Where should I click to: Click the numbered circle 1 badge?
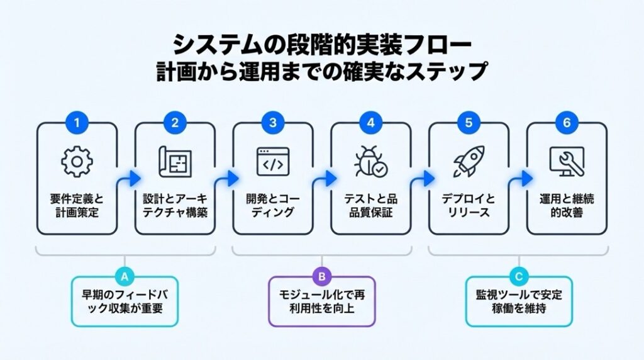pyautogui.click(x=77, y=123)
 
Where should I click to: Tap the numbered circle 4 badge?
pyautogui.click(x=370, y=123)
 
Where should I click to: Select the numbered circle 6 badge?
pyautogui.click(x=567, y=123)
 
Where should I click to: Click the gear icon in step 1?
pyautogui.click(x=77, y=162)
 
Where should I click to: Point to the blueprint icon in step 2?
pyautogui.click(x=175, y=162)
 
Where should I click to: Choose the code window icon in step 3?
pyautogui.click(x=273, y=162)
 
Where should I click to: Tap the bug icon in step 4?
pyautogui.click(x=371, y=162)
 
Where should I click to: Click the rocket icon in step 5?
pyautogui.click(x=469, y=161)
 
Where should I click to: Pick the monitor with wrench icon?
pyautogui.click(x=567, y=162)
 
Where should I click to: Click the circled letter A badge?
pyautogui.click(x=125, y=275)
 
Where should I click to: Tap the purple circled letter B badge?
pyautogui.click(x=321, y=275)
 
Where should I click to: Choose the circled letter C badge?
pyautogui.click(x=519, y=275)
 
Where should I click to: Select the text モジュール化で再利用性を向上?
pyautogui.click(x=321, y=301)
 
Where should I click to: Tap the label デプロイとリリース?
pyautogui.click(x=469, y=206)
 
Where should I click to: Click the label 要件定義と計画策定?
pyautogui.click(x=77, y=206)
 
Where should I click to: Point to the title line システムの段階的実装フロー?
pyautogui.click(x=321, y=46)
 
